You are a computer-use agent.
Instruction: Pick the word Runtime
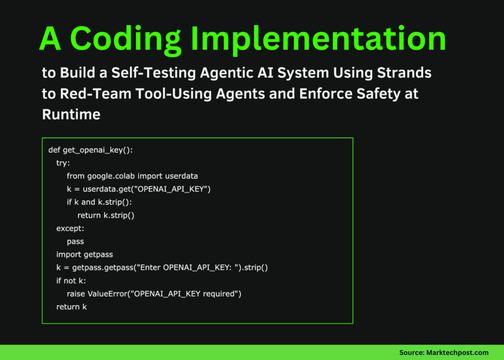71,114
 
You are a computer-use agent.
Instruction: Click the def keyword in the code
54,150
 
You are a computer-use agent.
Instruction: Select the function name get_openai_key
94,150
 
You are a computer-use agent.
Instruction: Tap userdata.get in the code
106,189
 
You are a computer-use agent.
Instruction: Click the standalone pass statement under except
75,241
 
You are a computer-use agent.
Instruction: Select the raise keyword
76,294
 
